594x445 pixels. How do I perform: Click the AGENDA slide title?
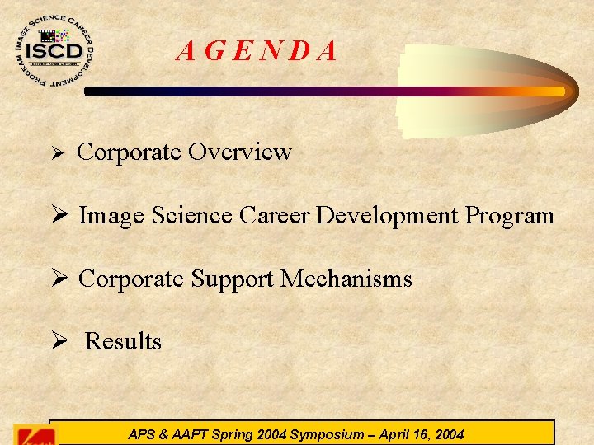(x=257, y=52)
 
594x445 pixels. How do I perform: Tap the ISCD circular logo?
(x=55, y=52)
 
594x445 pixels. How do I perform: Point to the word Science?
(x=194, y=216)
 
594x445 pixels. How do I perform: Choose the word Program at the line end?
(x=509, y=216)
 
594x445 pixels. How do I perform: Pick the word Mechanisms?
(x=346, y=279)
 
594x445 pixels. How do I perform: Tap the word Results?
(x=123, y=341)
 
